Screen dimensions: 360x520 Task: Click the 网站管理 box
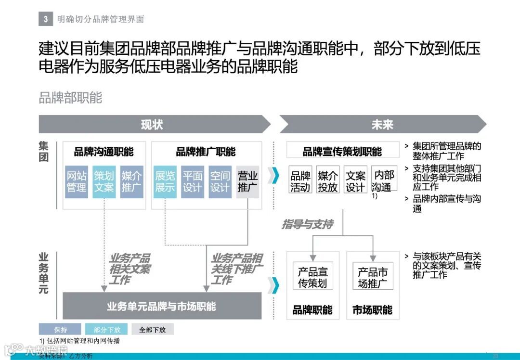pos(77,182)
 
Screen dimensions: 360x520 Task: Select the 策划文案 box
pos(104,182)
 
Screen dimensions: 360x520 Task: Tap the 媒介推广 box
pos(131,182)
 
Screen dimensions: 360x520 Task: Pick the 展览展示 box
pos(165,182)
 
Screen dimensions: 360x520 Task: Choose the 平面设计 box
pos(192,182)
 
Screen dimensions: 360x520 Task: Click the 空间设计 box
pos(220,182)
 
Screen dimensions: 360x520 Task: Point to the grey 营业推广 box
pos(247,182)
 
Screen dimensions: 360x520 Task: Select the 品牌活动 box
pos(300,181)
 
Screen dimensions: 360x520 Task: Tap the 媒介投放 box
pos(328,181)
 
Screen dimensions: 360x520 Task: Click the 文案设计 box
pos(355,181)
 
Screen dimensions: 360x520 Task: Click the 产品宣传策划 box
pos(312,278)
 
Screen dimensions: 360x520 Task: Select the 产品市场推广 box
pos(373,278)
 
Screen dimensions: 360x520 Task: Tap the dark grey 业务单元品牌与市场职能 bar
pos(162,306)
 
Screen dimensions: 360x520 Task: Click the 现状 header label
pos(152,125)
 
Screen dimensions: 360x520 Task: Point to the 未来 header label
pos(382,125)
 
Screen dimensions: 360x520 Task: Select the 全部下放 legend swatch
pos(152,330)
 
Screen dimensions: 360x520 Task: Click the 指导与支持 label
pos(307,224)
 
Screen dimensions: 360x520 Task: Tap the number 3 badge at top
pos(46,19)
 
